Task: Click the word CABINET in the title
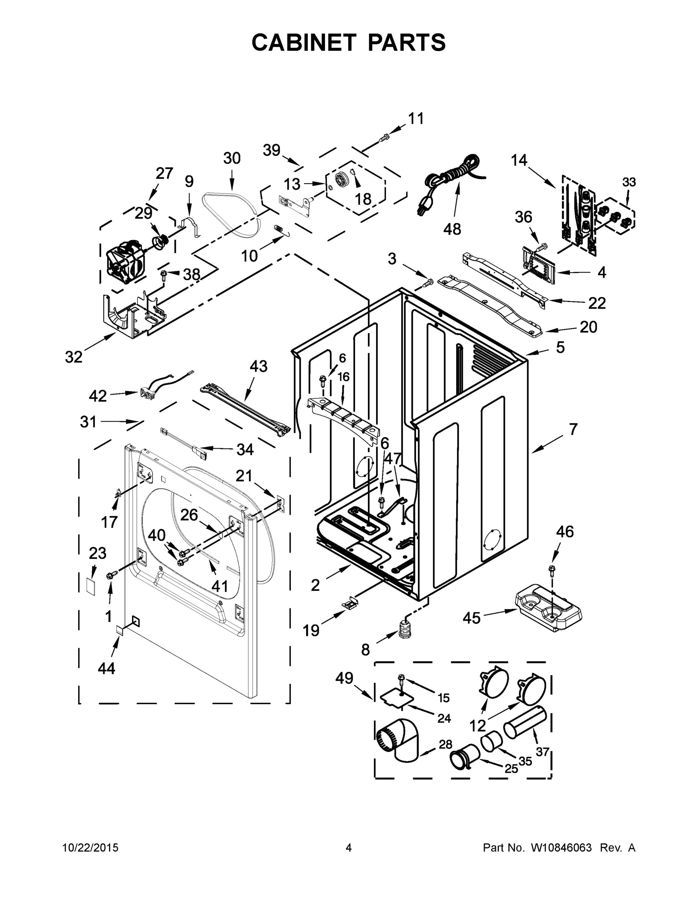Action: point(304,42)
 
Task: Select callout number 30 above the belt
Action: point(232,158)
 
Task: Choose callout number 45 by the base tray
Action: point(472,618)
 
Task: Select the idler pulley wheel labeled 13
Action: point(342,180)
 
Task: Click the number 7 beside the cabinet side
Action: point(573,429)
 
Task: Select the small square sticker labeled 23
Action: point(91,585)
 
